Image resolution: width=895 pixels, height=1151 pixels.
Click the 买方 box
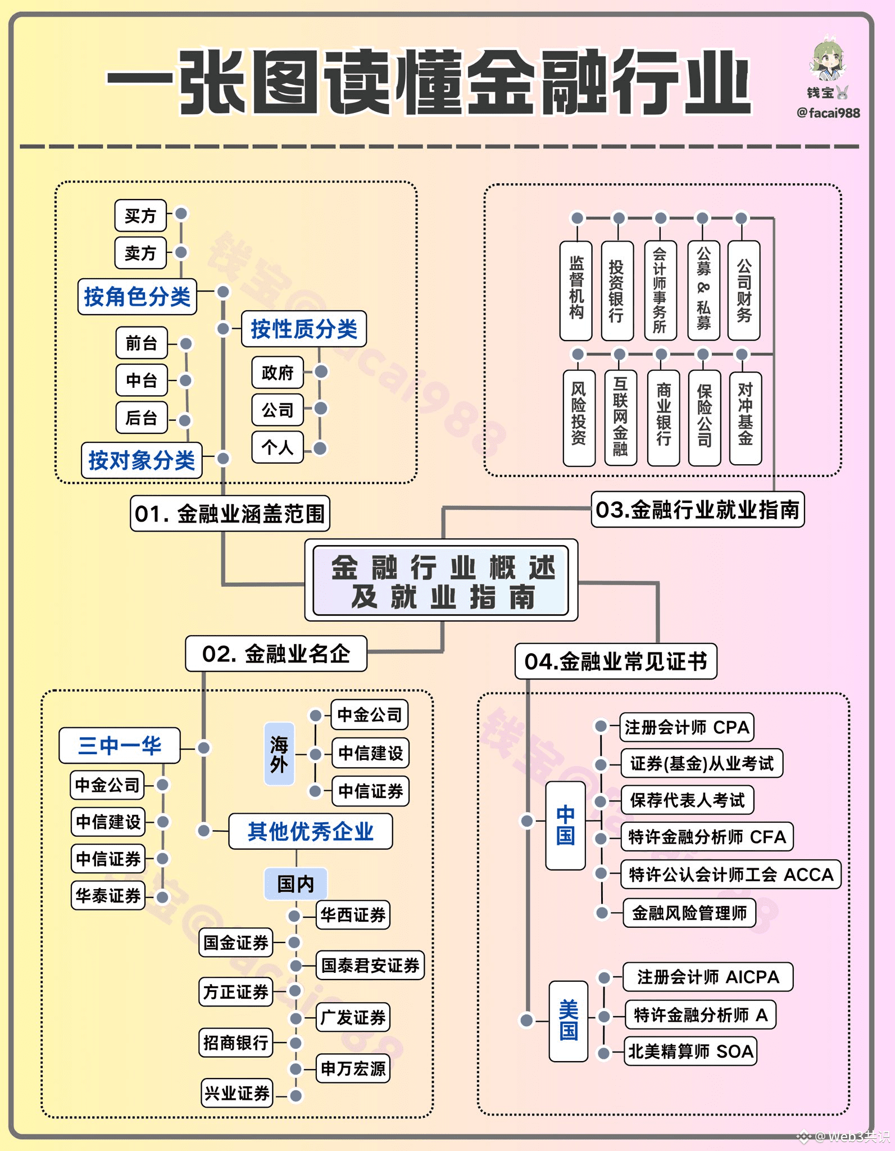point(140,215)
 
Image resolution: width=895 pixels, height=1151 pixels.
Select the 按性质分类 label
point(304,329)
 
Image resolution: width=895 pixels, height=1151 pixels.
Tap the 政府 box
point(278,372)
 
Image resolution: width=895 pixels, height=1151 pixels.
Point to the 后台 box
point(142,418)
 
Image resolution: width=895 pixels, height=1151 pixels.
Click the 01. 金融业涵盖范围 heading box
point(230,513)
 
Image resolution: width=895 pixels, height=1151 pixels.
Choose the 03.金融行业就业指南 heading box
point(698,510)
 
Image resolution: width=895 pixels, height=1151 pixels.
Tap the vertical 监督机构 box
point(576,291)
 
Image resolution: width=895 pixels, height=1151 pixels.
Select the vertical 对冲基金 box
point(746,418)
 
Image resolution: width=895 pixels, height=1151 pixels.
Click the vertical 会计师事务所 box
point(660,291)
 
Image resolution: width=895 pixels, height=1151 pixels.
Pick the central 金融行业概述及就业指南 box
point(441,581)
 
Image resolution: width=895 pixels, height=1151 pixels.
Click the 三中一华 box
point(120,746)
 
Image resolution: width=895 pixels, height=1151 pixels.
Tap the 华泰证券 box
point(108,895)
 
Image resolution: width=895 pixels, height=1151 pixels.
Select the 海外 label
point(279,754)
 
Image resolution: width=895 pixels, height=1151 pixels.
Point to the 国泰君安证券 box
point(370,966)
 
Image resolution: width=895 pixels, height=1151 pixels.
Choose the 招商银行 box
point(236,1043)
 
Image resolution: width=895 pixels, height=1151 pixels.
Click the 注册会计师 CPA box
point(687,727)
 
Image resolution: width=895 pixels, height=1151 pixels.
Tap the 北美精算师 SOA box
point(690,1051)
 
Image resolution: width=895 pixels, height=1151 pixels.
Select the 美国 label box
point(569,1021)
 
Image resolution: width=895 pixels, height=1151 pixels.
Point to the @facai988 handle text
point(828,113)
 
